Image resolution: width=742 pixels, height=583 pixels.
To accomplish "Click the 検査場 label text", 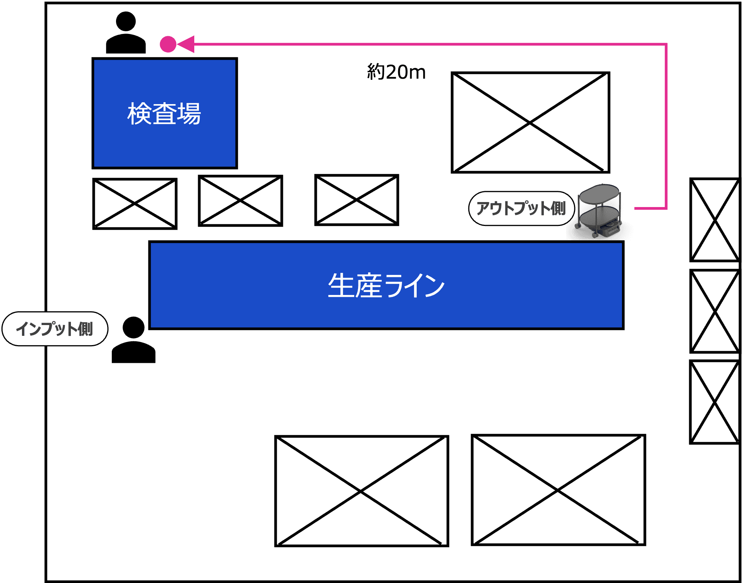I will pyautogui.click(x=164, y=114).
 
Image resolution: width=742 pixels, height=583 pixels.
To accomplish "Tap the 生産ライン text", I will pyautogui.click(x=386, y=286).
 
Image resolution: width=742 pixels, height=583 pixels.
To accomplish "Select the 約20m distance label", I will pyautogui.click(x=396, y=72).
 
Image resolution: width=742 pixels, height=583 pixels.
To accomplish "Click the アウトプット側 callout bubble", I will pyautogui.click(x=521, y=209).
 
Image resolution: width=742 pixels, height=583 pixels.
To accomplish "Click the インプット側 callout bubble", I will pyautogui.click(x=55, y=329).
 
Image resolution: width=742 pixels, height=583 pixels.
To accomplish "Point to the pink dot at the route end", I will pyautogui.click(x=168, y=44).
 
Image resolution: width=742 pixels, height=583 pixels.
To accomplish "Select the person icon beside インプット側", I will pyautogui.click(x=133, y=340).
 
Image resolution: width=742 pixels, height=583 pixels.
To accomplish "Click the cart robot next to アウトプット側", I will pyautogui.click(x=599, y=212).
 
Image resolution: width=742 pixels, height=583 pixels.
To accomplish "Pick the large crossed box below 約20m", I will pyautogui.click(x=530, y=123).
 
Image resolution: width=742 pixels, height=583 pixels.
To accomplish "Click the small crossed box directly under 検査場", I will pyautogui.click(x=135, y=204).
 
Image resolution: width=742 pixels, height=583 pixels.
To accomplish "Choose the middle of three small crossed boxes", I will pyautogui.click(x=241, y=201).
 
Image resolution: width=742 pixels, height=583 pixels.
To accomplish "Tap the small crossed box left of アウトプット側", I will pyautogui.click(x=357, y=200).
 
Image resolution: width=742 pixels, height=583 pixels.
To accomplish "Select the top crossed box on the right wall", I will pyautogui.click(x=715, y=220).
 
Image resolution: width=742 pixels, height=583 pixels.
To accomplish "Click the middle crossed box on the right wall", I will pyautogui.click(x=715, y=311).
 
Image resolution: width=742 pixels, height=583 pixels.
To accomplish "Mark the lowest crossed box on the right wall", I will pyautogui.click(x=715, y=402).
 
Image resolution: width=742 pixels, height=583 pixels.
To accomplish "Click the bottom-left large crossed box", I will pyautogui.click(x=362, y=491).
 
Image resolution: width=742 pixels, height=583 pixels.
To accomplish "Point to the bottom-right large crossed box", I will pyautogui.click(x=558, y=490).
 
